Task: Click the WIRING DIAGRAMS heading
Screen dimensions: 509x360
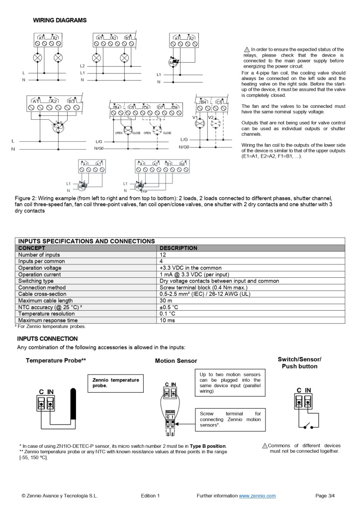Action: pos(60,20)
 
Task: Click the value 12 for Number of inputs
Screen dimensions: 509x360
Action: pos(163,254)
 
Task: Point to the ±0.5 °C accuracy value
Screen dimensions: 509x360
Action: pos(170,307)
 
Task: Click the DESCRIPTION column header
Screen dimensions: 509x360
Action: pos(178,248)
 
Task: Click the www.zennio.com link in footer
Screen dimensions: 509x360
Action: pos(257,496)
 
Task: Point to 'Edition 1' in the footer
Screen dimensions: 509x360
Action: pos(150,496)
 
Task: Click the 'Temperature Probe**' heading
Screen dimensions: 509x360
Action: pos(56,360)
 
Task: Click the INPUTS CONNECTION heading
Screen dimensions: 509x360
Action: pos(48,339)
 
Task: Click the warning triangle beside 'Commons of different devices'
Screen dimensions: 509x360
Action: pos(265,445)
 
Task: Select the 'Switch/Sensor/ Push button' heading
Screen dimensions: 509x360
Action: pos(299,363)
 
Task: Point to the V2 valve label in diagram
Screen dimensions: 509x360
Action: pos(211,117)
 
